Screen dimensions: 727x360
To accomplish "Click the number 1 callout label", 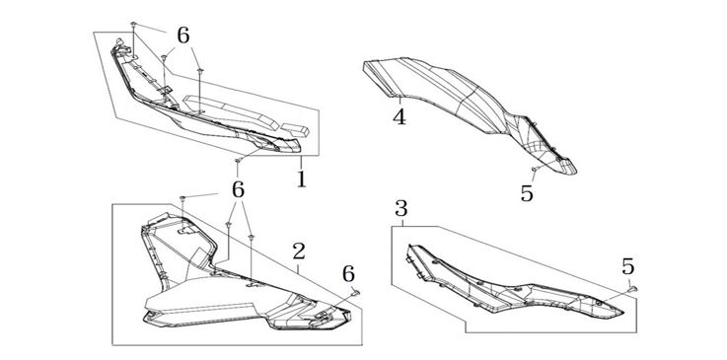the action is (302, 179).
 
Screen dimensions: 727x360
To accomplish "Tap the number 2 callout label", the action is (299, 252).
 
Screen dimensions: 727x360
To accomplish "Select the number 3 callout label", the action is (401, 208).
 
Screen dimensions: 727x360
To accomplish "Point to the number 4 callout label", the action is (400, 116).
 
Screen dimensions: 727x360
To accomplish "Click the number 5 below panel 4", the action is (527, 192).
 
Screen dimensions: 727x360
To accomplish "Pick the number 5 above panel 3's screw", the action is (627, 266).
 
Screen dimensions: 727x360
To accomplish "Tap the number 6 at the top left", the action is (183, 36).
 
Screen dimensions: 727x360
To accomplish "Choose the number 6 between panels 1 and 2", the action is (238, 189).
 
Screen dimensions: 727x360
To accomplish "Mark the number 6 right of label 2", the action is (348, 274).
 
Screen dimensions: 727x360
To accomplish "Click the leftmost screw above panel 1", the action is (133, 24).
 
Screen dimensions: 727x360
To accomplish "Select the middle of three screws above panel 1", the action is (164, 58).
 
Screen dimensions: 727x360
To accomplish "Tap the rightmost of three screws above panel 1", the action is (200, 71).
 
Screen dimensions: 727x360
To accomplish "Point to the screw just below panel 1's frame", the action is (238, 161).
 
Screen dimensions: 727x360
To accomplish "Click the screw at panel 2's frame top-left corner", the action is (182, 198).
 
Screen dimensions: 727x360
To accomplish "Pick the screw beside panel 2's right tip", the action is (356, 292).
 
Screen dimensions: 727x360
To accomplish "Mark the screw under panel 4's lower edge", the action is (535, 169).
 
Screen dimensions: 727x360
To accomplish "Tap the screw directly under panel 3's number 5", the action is (632, 289).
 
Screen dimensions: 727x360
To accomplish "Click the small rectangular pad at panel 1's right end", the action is (296, 130).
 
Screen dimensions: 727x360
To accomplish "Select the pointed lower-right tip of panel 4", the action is (575, 172).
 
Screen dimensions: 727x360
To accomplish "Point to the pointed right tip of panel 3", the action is (622, 314).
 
